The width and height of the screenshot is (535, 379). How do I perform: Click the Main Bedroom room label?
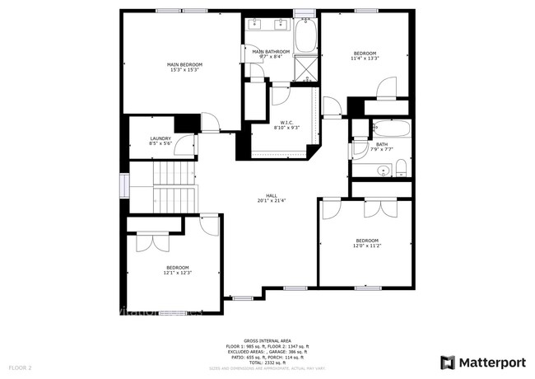click(184, 64)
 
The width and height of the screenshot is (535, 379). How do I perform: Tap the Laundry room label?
click(160, 138)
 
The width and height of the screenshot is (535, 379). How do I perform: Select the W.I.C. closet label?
click(286, 122)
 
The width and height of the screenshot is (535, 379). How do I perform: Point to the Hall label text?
click(267, 194)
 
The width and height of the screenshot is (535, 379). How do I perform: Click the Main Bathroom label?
click(271, 52)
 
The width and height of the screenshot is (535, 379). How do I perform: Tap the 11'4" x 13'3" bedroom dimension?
click(365, 58)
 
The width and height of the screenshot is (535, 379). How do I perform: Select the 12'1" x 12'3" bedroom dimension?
click(178, 273)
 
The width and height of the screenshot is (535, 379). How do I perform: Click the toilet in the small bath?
click(401, 169)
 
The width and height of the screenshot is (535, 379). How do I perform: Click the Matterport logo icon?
click(448, 363)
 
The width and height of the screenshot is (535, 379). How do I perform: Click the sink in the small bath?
click(382, 171)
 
